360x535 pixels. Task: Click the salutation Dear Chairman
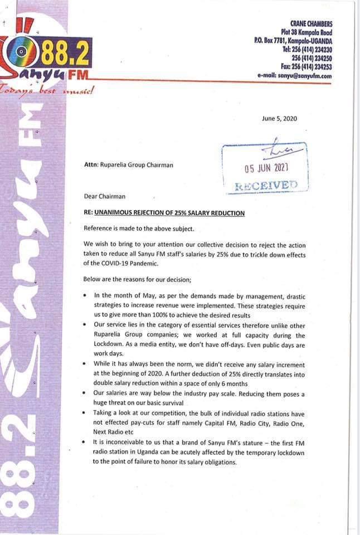click(104, 196)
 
